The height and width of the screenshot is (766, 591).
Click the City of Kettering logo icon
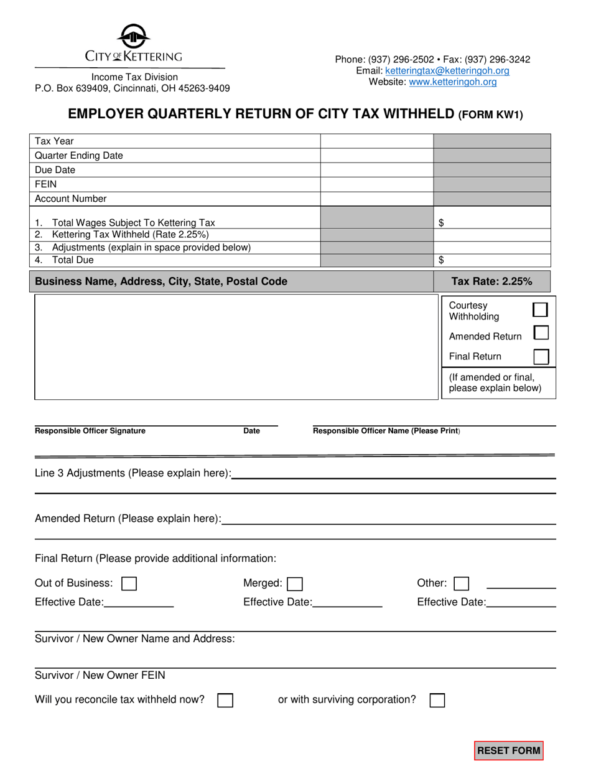[x=133, y=36]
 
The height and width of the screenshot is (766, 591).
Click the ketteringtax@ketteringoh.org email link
[x=447, y=71]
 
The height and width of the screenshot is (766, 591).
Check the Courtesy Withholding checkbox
[x=541, y=310]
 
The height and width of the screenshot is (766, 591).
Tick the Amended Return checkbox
[x=541, y=333]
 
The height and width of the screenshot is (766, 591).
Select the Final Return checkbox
[x=541, y=356]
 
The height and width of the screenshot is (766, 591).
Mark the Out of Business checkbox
[x=129, y=584]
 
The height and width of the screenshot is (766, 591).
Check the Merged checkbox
[x=295, y=584]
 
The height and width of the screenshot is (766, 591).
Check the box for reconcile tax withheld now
[x=225, y=700]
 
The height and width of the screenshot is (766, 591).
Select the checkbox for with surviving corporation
[x=437, y=700]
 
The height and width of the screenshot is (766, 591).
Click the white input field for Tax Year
[x=376, y=141]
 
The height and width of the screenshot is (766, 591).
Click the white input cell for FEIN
[x=376, y=184]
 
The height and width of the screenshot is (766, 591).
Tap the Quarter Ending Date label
[x=78, y=156]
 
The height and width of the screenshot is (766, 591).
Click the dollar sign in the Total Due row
[x=442, y=260]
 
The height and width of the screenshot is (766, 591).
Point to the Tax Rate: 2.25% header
[x=491, y=281]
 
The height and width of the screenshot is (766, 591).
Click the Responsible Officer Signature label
[x=90, y=431]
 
